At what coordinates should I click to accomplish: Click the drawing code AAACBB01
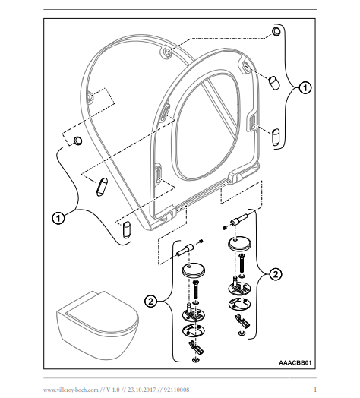pyautogui.click(x=295, y=362)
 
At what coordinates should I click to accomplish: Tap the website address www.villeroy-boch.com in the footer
pyautogui.click(x=71, y=390)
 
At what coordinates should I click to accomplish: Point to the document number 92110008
pyautogui.click(x=176, y=390)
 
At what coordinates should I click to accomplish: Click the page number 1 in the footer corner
pyautogui.click(x=315, y=389)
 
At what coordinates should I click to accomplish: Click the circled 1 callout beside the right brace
pyautogui.click(x=305, y=87)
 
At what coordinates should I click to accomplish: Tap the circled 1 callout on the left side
pyautogui.click(x=58, y=218)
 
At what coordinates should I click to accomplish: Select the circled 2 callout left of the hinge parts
pyautogui.click(x=151, y=302)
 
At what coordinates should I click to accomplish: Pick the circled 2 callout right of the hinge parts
pyautogui.click(x=276, y=274)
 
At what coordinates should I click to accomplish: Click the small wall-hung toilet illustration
pyautogui.click(x=97, y=325)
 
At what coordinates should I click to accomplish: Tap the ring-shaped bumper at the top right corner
pyautogui.click(x=276, y=31)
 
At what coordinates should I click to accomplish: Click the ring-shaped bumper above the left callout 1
pyautogui.click(x=77, y=141)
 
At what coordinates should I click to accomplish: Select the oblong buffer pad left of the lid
pyautogui.click(x=102, y=187)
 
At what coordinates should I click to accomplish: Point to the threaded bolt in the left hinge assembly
pyautogui.click(x=195, y=290)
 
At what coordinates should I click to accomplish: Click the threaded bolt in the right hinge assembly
pyautogui.click(x=242, y=263)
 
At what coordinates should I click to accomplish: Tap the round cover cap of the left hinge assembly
pyautogui.click(x=194, y=270)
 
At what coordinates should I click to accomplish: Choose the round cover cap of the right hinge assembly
pyautogui.click(x=240, y=243)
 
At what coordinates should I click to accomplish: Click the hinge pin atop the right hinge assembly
pyautogui.click(x=238, y=220)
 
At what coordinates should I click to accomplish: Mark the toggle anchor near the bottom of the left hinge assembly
pyautogui.click(x=196, y=346)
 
